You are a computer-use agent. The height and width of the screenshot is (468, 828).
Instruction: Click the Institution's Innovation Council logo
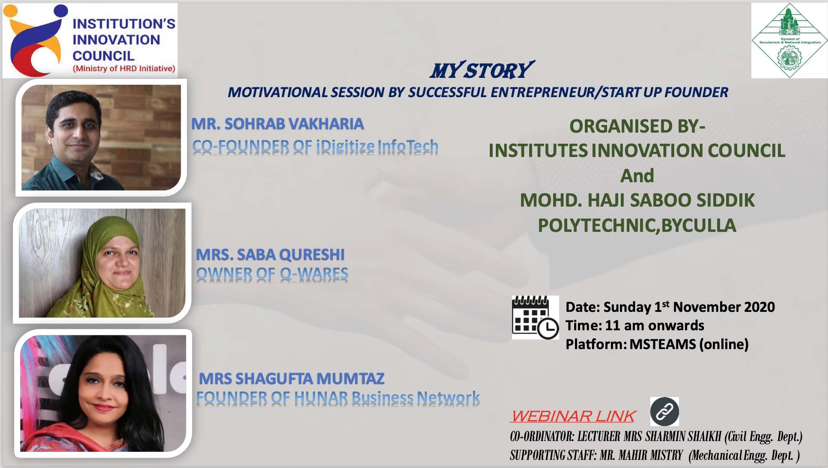coord(90,41)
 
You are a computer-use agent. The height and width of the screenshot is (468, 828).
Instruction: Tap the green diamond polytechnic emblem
coord(789,41)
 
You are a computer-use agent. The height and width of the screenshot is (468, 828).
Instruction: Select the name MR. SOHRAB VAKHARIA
coord(277,124)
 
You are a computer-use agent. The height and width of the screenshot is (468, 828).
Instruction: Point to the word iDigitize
coord(345,147)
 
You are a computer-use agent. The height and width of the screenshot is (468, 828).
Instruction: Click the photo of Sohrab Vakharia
coord(101,137)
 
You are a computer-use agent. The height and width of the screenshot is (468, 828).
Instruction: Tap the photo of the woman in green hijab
coord(102,263)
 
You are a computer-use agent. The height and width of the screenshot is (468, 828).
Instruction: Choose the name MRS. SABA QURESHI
coord(270,255)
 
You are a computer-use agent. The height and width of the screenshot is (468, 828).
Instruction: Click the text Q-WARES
coord(314,274)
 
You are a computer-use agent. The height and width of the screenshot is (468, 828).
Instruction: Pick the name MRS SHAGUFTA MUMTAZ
coord(292,379)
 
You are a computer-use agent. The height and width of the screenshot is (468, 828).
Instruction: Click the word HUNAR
coord(321,398)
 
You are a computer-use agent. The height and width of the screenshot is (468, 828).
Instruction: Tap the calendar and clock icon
coord(535,317)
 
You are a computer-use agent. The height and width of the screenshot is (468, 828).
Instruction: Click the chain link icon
coord(664,412)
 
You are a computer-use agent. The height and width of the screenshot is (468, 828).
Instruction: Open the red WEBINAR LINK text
coord(573,416)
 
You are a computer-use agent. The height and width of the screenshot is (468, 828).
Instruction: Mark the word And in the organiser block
coord(637,176)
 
